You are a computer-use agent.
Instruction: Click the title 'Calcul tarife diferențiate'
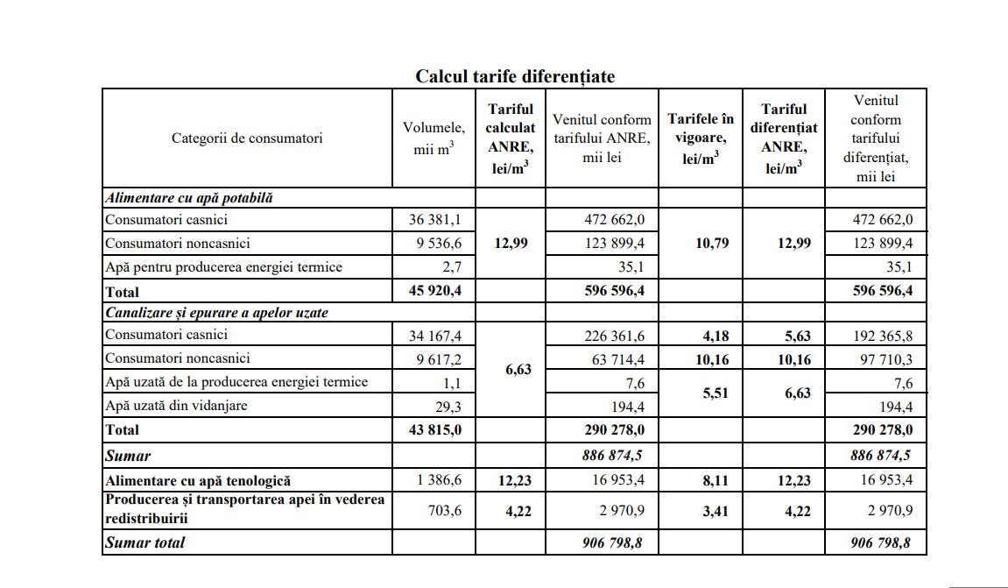(x=514, y=76)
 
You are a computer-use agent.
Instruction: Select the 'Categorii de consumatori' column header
(x=247, y=138)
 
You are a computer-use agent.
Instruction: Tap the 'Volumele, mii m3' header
(x=434, y=138)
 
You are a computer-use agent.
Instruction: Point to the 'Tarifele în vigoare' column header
(x=700, y=138)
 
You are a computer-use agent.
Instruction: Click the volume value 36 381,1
(x=437, y=220)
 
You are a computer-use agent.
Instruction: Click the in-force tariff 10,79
(x=700, y=244)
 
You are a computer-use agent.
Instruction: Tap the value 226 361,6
(x=615, y=335)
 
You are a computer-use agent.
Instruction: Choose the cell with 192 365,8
(x=883, y=335)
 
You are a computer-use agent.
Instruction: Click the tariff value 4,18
(x=700, y=335)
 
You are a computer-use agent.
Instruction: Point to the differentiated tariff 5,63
(x=784, y=335)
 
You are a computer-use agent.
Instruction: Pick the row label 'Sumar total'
(x=145, y=542)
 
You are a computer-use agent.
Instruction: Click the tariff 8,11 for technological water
(x=700, y=480)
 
